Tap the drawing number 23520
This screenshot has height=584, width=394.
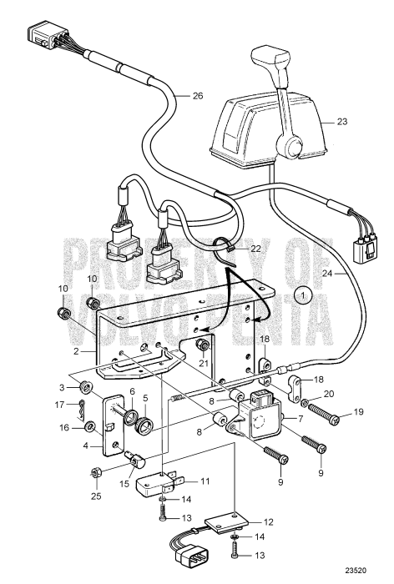pos(356,570)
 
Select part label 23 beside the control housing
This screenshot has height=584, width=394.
pos(341,122)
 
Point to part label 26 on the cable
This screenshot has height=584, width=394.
pos(198,96)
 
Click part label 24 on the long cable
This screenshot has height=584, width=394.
pos(327,274)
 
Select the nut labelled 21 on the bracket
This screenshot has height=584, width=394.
pos(203,345)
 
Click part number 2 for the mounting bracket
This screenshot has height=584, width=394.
pos(76,351)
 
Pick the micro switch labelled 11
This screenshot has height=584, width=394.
pos(155,484)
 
